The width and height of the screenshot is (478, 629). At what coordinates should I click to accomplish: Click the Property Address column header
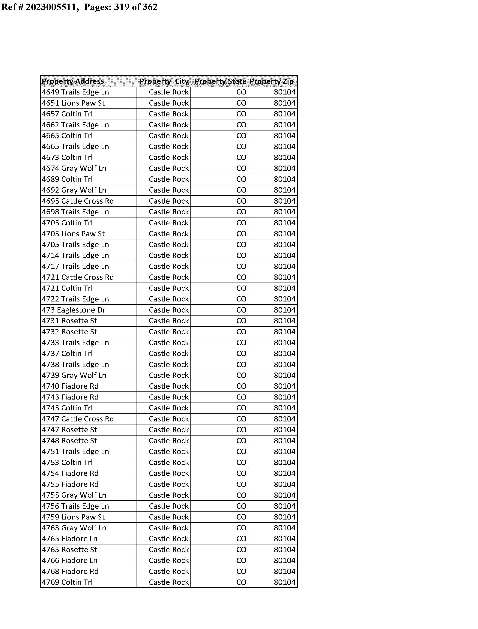pyautogui.click(x=73, y=81)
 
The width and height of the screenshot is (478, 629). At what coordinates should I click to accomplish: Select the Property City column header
pyautogui.click(x=164, y=81)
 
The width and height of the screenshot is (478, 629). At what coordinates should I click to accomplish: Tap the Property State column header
pyautogui.click(x=220, y=81)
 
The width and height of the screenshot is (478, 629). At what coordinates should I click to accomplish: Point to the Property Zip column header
pyautogui.click(x=272, y=81)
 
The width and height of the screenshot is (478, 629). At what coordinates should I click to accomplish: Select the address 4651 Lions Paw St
pyautogui.click(x=73, y=103)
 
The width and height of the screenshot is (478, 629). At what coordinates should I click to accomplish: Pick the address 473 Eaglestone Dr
pyautogui.click(x=73, y=310)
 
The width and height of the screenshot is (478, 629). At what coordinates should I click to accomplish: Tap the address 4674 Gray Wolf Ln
pyautogui.click(x=74, y=168)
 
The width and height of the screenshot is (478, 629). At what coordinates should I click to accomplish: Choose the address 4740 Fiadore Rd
pyautogui.click(x=70, y=386)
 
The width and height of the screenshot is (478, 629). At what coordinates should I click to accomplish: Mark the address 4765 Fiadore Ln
pyautogui.click(x=70, y=538)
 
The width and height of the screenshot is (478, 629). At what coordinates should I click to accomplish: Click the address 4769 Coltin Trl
pyautogui.click(x=67, y=582)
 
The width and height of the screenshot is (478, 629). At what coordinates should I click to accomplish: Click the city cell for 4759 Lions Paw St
pyautogui.click(x=169, y=517)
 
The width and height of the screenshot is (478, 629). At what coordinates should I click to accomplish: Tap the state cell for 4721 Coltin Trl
pyautogui.click(x=241, y=288)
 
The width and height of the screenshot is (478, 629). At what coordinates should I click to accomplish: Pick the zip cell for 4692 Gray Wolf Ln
pyautogui.click(x=285, y=190)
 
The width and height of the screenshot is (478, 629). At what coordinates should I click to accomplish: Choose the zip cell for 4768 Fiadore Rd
pyautogui.click(x=285, y=571)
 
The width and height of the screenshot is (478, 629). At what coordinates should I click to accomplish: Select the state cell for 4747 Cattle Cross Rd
pyautogui.click(x=241, y=419)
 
